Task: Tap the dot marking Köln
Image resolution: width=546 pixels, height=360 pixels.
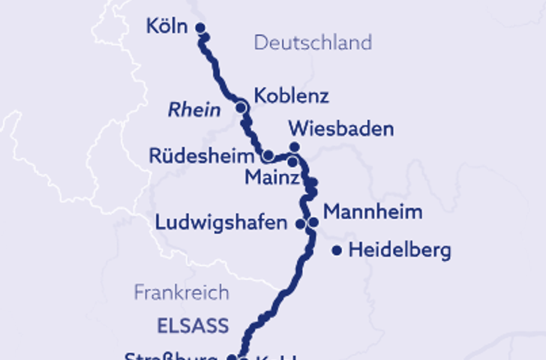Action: [200, 28]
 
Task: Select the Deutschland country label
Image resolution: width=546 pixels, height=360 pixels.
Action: [313, 42]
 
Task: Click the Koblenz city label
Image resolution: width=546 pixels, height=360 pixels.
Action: [292, 97]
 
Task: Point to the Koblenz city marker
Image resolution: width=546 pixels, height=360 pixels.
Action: [241, 107]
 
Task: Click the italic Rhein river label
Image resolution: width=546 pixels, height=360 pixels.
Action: [194, 110]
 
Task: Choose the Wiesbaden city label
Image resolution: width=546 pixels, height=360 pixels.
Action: [341, 129]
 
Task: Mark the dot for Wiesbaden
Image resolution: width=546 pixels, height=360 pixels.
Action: [295, 146]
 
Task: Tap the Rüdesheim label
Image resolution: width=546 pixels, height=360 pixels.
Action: [202, 156]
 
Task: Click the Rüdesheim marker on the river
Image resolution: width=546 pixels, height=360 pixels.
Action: [267, 156]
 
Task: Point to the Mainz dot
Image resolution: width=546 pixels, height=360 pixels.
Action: [292, 162]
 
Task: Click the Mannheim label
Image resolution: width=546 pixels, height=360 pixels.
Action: [373, 211]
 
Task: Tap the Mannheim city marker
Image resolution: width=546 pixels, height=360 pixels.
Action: [313, 222]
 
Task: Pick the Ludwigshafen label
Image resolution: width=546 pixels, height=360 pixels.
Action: [221, 223]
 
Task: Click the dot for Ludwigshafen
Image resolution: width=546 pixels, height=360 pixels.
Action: [300, 223]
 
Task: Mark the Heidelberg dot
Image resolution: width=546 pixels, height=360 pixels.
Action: [337, 250]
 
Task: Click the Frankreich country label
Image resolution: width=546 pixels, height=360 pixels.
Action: [181, 292]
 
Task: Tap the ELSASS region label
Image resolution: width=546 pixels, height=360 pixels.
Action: [192, 326]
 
